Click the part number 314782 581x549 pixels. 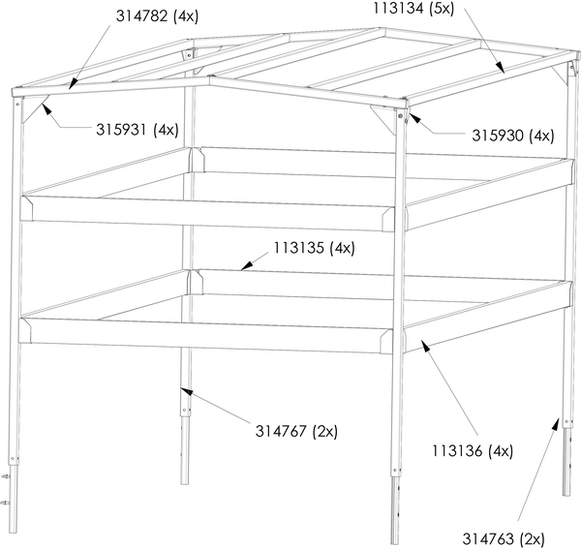[142, 16]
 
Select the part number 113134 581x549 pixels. [398, 8]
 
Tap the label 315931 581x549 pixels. [122, 130]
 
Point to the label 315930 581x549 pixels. [498, 136]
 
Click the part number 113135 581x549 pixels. [298, 248]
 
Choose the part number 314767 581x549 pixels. [281, 431]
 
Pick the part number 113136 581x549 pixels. [457, 451]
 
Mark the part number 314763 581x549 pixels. [488, 539]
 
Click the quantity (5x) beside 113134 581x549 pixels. [442, 8]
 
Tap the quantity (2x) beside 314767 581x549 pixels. [325, 432]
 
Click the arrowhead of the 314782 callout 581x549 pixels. [74, 84]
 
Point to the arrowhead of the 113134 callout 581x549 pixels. [500, 67]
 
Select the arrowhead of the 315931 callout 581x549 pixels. [46, 109]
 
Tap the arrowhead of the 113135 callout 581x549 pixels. [246, 265]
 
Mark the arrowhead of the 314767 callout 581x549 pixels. [187, 391]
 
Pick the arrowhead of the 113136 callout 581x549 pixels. [426, 346]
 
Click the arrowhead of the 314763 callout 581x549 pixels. [555, 424]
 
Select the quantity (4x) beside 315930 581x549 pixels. [541, 137]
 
